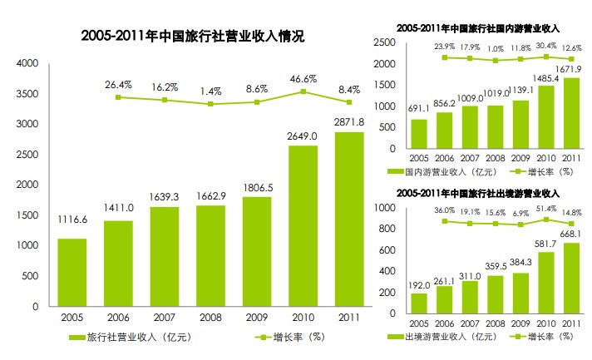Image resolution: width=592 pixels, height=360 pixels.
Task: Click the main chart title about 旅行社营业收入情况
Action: (192, 37)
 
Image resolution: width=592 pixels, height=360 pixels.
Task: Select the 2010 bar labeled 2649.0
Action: (303, 225)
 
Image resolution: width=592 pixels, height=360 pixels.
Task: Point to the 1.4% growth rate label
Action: (210, 90)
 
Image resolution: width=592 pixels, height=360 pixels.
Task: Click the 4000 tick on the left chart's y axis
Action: (27, 63)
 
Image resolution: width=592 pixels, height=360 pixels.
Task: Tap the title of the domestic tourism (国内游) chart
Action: (479, 28)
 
